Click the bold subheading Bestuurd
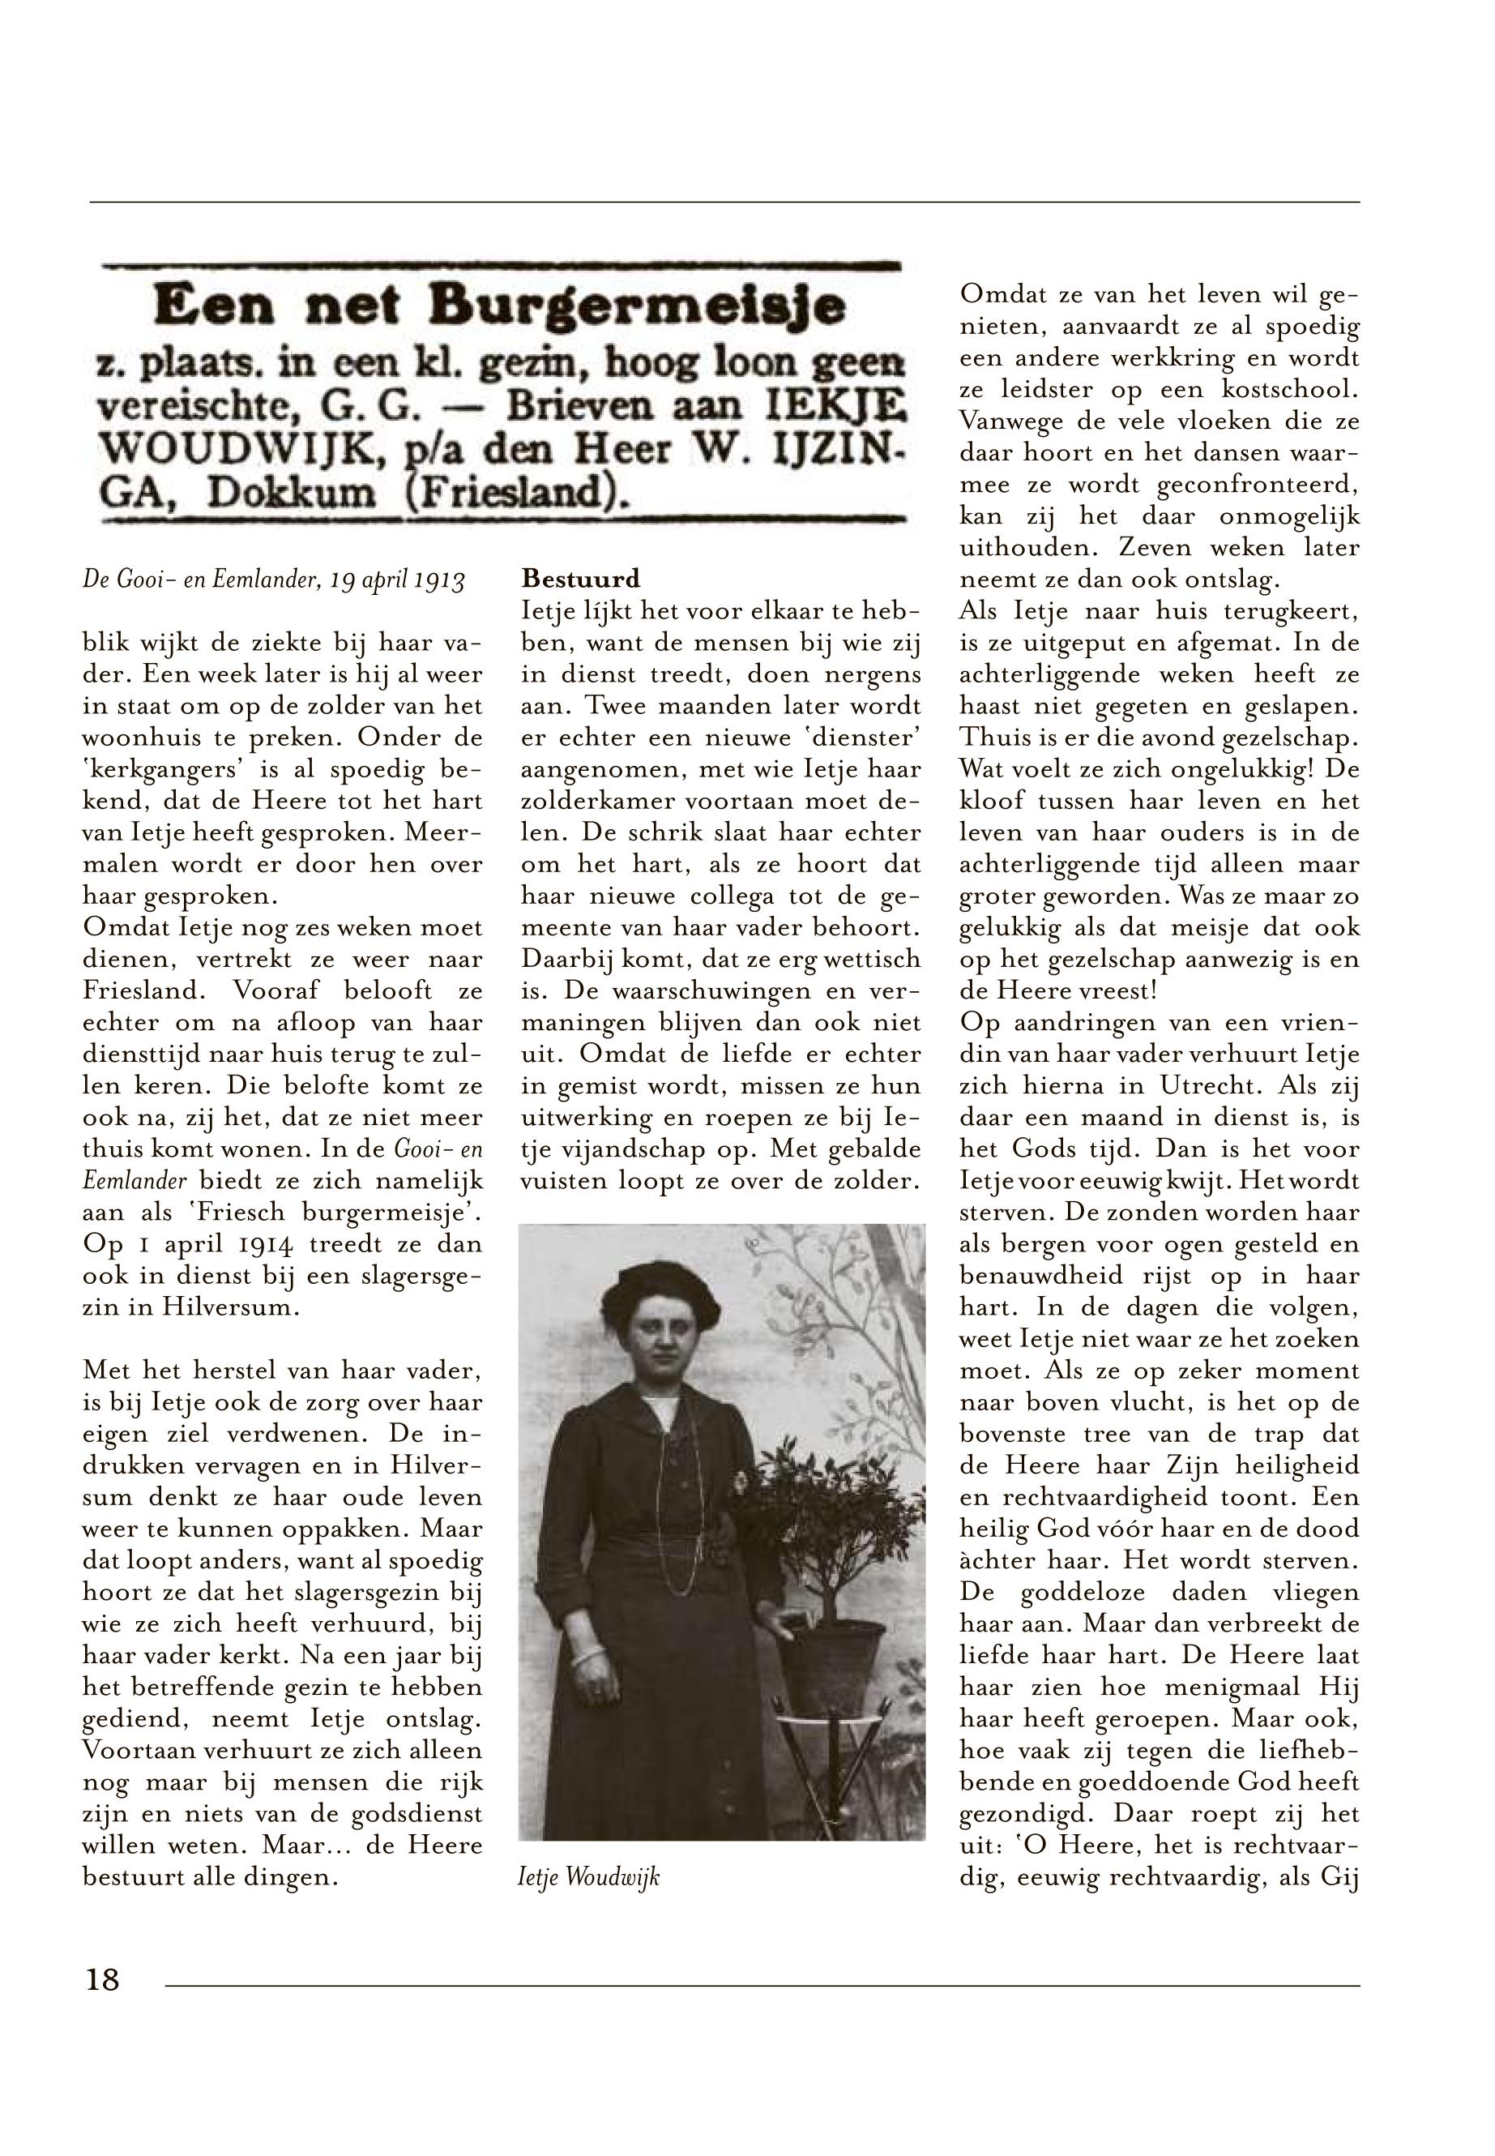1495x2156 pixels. coord(581,577)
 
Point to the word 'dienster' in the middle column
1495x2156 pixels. coord(872,738)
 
